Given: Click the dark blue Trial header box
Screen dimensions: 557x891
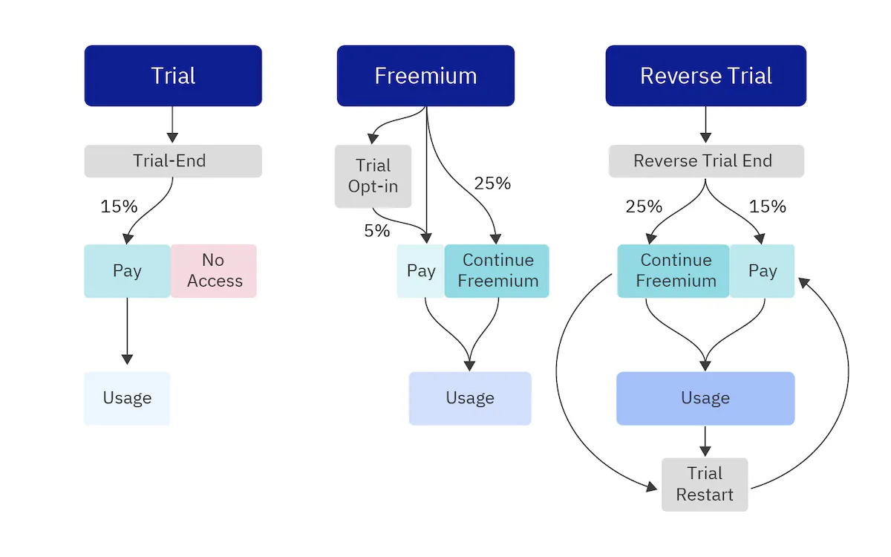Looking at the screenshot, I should [173, 76].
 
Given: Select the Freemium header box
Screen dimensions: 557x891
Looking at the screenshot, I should [425, 76].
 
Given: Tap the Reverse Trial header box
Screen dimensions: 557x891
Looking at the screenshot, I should [705, 76].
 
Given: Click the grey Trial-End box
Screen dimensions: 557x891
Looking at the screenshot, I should [173, 161].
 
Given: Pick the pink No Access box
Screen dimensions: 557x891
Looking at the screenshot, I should [214, 271].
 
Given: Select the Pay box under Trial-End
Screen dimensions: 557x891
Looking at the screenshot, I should [127, 271].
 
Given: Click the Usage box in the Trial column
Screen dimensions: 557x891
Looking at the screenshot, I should [127, 398].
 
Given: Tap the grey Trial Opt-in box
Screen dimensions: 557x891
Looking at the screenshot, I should [373, 176].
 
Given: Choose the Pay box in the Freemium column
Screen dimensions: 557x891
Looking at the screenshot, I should [421, 271].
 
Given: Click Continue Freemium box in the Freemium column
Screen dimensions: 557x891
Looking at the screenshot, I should [497, 271].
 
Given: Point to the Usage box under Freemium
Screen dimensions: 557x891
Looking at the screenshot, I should [470, 398].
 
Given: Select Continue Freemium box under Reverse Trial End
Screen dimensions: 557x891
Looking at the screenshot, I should [673, 271].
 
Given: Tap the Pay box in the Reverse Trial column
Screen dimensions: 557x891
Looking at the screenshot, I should [762, 271].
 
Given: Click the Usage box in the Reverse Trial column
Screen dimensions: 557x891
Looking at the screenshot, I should [705, 398].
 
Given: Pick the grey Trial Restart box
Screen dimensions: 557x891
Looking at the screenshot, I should [705, 484].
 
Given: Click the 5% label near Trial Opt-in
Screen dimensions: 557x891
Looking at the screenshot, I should [377, 231].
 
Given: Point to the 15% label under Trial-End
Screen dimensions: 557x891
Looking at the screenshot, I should [119, 206].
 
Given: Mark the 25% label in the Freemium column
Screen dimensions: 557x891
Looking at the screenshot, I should [492, 183].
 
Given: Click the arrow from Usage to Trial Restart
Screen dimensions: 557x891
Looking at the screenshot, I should [705, 442].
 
